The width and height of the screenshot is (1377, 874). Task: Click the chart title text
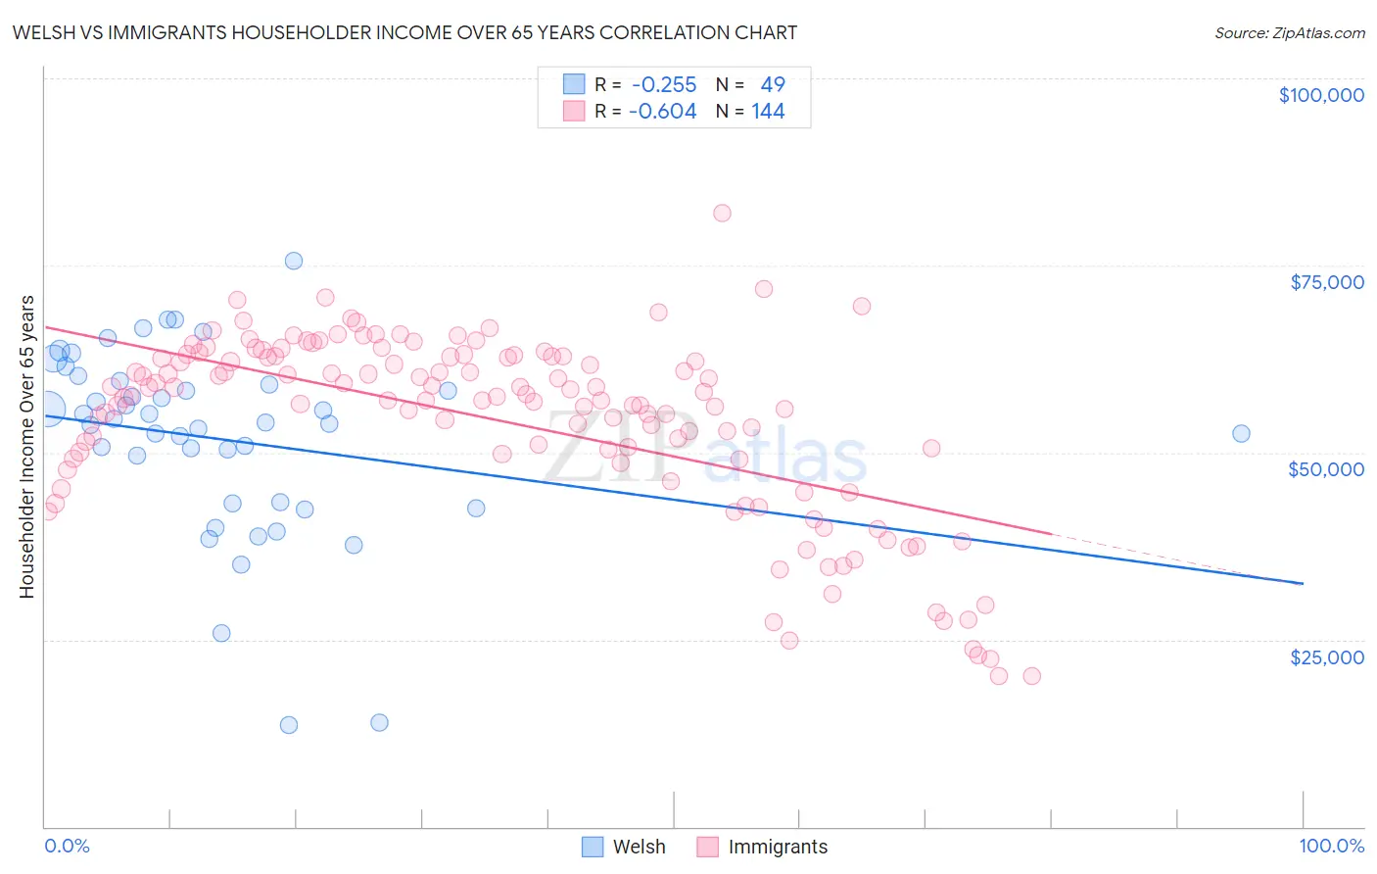point(404,32)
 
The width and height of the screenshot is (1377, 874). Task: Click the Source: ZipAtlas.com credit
point(1289,32)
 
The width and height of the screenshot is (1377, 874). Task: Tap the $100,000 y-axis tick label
point(1321,95)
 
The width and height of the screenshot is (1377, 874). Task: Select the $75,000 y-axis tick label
point(1326,282)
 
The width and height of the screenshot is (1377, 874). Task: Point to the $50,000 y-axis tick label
point(1325,469)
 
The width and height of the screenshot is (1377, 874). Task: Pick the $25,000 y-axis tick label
point(1326,656)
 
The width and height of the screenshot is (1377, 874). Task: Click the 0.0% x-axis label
point(67,846)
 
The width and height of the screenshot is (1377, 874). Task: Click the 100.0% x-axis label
point(1331,846)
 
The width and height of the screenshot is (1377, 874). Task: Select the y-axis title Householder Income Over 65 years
point(26,446)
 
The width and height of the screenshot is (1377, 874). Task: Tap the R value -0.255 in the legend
point(663,85)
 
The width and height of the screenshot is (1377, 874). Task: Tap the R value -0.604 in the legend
point(663,112)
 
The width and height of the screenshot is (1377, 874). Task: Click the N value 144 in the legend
point(768,112)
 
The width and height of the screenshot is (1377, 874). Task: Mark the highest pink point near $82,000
point(722,213)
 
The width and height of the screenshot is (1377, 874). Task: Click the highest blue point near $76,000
point(294,261)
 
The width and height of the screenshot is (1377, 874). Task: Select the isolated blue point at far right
point(1241,433)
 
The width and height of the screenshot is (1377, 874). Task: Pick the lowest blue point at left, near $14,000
point(289,725)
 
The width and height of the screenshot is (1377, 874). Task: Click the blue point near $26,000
point(221,633)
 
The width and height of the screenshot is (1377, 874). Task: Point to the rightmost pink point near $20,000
point(1031,676)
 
